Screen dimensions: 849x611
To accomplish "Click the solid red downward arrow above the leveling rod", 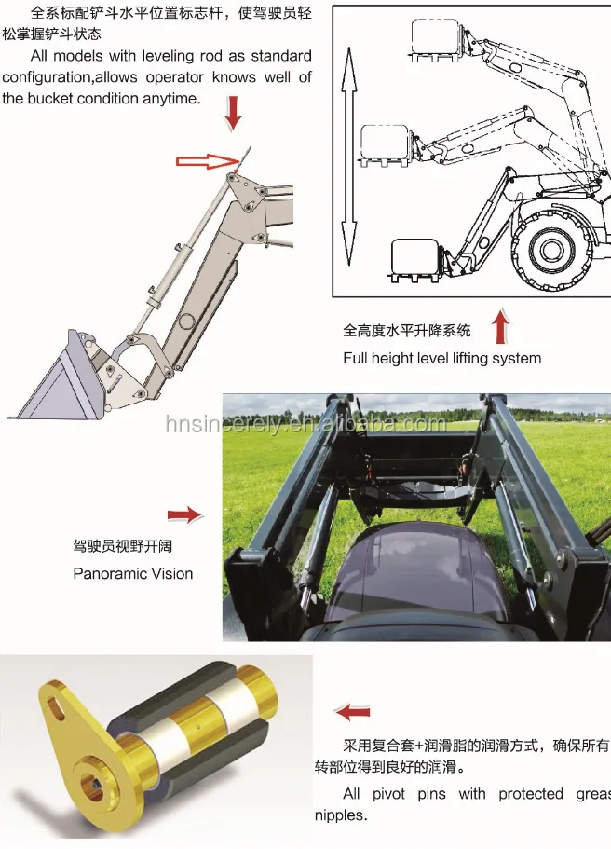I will point(233,116).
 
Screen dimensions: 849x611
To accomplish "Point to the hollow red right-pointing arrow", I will point(207,161).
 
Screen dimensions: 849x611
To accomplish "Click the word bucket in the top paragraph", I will point(59,98).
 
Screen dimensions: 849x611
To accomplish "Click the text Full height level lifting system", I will point(441,358).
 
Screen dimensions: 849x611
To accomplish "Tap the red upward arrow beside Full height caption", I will point(502,327).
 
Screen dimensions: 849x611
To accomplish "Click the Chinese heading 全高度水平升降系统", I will point(407,331).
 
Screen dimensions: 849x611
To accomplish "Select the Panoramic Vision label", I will point(133,573).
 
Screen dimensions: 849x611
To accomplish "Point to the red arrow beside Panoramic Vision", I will point(183,514).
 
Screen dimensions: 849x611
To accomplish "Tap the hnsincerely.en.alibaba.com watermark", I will point(305,424).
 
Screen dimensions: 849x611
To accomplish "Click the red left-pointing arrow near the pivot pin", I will point(351,713).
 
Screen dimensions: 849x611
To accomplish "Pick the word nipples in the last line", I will point(340,815).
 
